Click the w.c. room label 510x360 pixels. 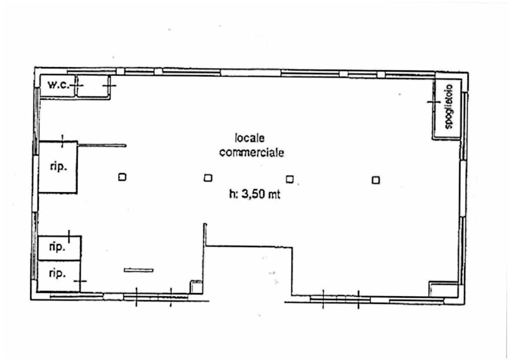click(x=59, y=85)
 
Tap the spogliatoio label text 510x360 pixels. click(x=448, y=107)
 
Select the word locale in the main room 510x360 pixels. click(x=250, y=138)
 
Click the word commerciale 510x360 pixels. click(x=252, y=152)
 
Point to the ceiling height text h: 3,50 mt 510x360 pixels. click(x=255, y=194)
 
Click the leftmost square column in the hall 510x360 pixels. click(x=122, y=177)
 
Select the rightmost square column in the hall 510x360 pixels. click(x=376, y=180)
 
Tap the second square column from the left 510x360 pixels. click(x=208, y=178)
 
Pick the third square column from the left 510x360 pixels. click(x=289, y=179)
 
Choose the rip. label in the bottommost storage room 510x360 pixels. click(x=57, y=273)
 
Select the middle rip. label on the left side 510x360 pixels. click(x=57, y=247)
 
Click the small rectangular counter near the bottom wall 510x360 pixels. click(x=138, y=270)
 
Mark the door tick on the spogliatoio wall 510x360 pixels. click(x=434, y=102)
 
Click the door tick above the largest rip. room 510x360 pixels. click(x=62, y=141)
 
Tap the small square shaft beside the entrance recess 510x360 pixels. click(x=196, y=287)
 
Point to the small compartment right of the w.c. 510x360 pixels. click(x=92, y=86)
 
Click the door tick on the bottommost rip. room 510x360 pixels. click(x=80, y=281)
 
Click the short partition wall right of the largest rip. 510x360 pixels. click(x=102, y=145)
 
